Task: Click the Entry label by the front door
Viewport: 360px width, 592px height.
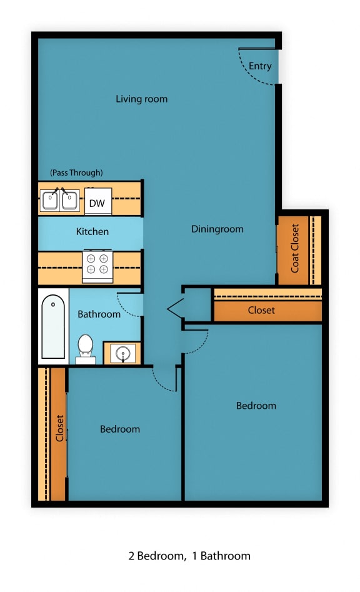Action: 260,66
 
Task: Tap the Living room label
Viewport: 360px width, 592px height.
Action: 142,99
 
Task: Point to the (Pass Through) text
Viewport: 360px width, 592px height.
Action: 76,173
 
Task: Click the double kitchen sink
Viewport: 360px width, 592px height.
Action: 60,201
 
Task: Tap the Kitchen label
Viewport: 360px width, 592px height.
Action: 92,231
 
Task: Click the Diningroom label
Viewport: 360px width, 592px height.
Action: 217,229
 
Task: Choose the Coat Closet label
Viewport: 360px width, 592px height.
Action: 295,249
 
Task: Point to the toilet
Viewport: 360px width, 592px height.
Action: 85,348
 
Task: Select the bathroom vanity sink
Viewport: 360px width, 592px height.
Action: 122,353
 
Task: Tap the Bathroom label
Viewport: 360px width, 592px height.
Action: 99,314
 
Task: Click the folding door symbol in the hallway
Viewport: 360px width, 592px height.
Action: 174,308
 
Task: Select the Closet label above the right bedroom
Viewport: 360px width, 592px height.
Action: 261,310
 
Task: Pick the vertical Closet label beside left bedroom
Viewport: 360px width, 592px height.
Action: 60,429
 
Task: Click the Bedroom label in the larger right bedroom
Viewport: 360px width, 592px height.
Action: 256,406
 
